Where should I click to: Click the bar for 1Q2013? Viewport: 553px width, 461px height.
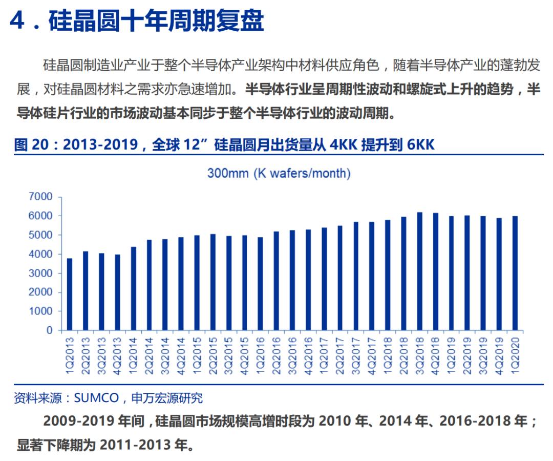click(70, 295)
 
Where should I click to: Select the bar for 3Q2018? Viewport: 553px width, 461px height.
click(419, 271)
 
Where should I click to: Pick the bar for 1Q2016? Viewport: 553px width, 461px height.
click(261, 284)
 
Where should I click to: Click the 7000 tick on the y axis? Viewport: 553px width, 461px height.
click(42, 197)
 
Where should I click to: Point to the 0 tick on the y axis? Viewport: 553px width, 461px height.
click(50, 330)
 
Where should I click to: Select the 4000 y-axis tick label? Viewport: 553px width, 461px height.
click(42, 254)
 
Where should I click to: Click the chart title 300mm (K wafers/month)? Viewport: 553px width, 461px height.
click(279, 173)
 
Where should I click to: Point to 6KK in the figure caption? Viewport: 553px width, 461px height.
click(421, 145)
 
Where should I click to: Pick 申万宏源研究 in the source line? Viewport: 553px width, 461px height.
click(167, 398)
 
